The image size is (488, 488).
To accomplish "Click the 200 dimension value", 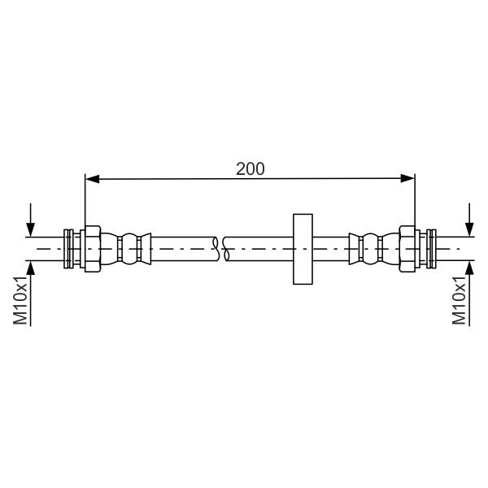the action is click(x=250, y=169).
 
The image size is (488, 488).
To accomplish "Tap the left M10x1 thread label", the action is click(x=20, y=300).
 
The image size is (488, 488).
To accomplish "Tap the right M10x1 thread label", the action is click(x=459, y=300).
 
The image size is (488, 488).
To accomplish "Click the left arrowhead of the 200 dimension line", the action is click(x=92, y=179).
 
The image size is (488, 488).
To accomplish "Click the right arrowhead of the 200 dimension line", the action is click(x=407, y=179).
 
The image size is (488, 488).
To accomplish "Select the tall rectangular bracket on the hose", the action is click(x=303, y=249).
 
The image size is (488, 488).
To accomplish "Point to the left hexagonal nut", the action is click(x=93, y=249).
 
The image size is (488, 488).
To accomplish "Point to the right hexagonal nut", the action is click(x=407, y=249).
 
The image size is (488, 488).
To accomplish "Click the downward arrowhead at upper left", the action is click(x=31, y=229).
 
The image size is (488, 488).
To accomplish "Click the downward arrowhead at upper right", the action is click(x=469, y=229).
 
